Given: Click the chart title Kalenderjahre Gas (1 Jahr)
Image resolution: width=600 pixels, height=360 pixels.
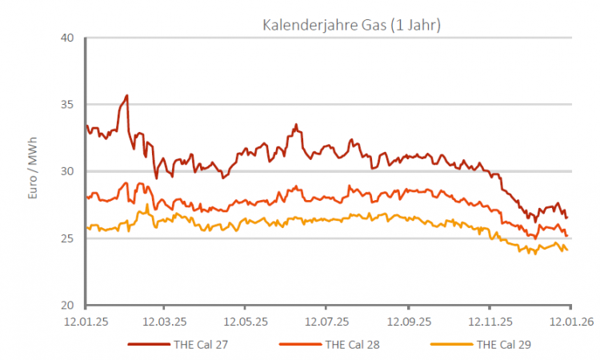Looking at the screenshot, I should pos(352,25).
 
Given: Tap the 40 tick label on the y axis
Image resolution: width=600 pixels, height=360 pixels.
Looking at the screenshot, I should pos(66,38).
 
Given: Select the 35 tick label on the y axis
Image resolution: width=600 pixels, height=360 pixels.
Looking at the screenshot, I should pos(66,105).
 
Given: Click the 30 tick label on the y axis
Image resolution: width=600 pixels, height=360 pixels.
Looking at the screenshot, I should pos(66,172).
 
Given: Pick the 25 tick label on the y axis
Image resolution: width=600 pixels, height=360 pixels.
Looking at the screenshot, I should pos(66,238).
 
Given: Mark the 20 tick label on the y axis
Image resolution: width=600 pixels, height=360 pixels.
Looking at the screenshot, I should pos(66,306).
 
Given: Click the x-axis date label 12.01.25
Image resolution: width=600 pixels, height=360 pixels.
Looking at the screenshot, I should pos(86,323).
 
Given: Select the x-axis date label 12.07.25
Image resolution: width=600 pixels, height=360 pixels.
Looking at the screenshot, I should pos(326,323).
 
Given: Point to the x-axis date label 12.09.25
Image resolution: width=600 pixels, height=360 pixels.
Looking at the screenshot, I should pos(408,323).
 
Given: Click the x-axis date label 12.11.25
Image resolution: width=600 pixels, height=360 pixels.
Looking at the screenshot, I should pos(490,323).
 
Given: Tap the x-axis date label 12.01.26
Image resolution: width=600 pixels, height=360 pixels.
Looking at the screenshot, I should pos(570,323).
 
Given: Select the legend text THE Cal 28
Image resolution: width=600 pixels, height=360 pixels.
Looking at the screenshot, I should pos(352,346).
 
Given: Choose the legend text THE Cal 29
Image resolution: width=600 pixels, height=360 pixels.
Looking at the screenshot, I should pos(504,346).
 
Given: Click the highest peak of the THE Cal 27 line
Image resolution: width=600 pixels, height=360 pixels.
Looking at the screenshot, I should pos(126,95).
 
